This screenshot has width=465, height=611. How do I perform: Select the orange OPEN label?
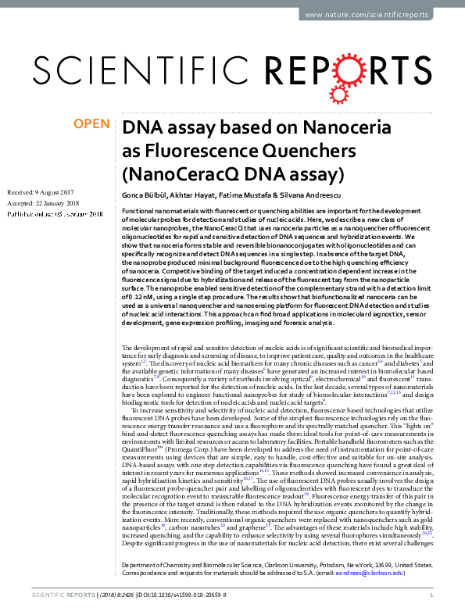tap(91, 124)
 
